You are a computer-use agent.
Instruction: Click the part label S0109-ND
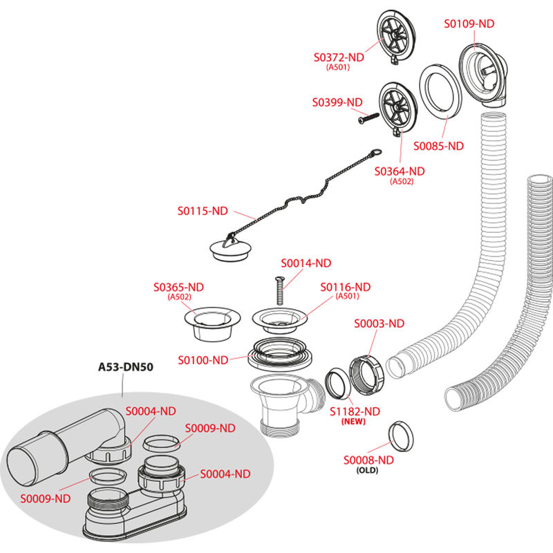coord(469,23)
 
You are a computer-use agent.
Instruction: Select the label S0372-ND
coord(337,57)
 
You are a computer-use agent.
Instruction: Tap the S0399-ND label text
coord(337,102)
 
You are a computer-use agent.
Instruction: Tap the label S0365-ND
coord(179,287)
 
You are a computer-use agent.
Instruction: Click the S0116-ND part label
coord(345,287)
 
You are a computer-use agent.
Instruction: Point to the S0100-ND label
coord(203,360)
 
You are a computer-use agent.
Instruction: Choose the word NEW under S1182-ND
coord(355,421)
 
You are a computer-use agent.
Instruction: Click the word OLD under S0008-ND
coord(368,470)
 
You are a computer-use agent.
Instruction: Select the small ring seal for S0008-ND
coord(400,434)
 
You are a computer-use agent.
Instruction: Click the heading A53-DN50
coord(124,367)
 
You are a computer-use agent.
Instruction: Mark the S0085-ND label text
coord(438,147)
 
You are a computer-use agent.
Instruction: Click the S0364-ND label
coord(400,171)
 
